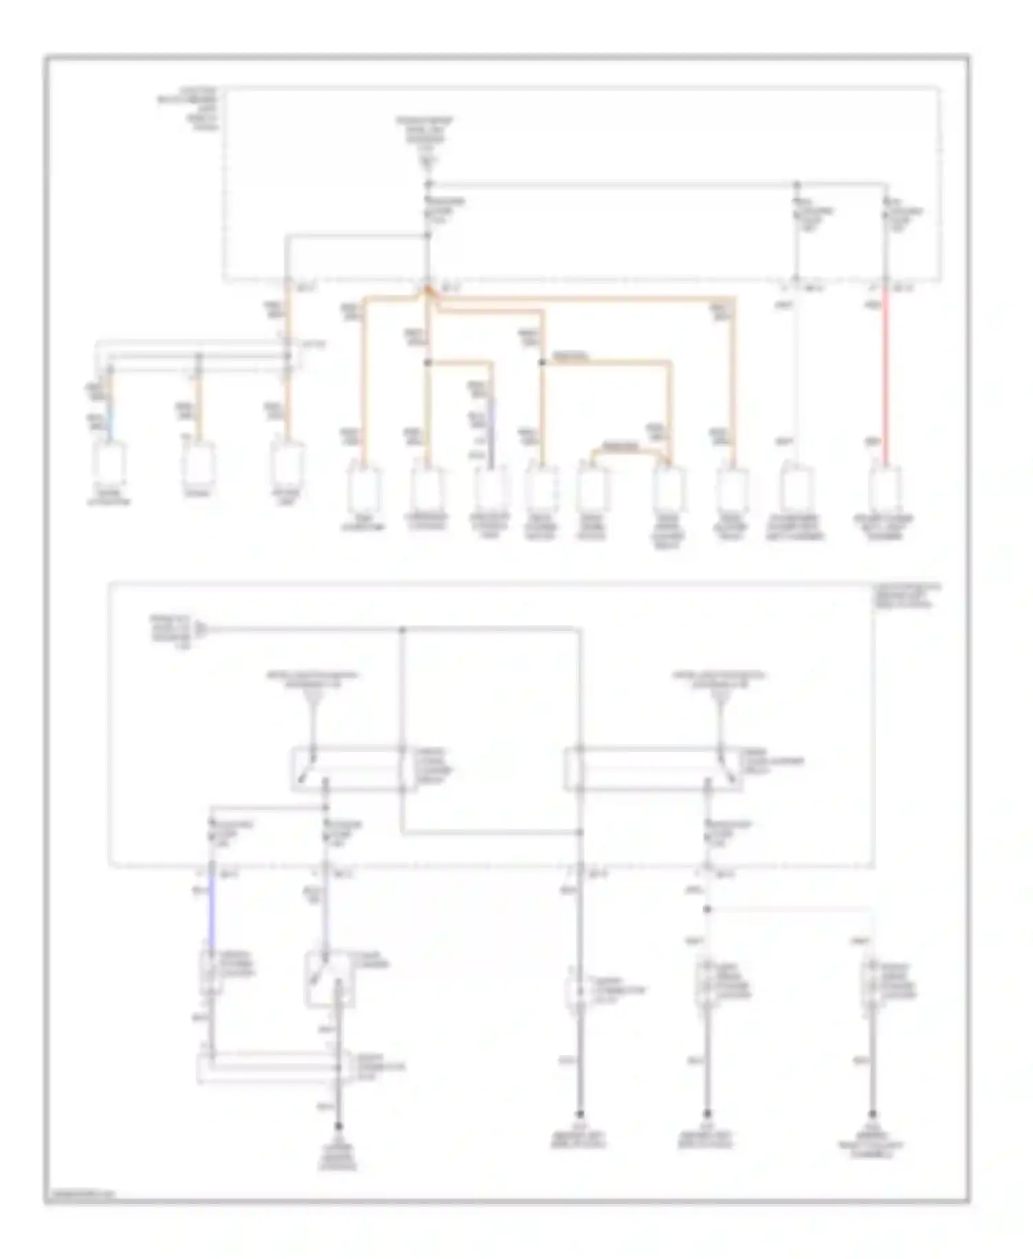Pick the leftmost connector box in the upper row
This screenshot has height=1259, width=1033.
pyautogui.click(x=109, y=461)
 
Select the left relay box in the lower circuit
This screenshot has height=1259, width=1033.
pyautogui.click(x=353, y=769)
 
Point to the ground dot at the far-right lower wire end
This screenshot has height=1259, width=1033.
pyautogui.click(x=872, y=1114)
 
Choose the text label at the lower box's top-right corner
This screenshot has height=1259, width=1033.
pyautogui.click(x=906, y=596)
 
